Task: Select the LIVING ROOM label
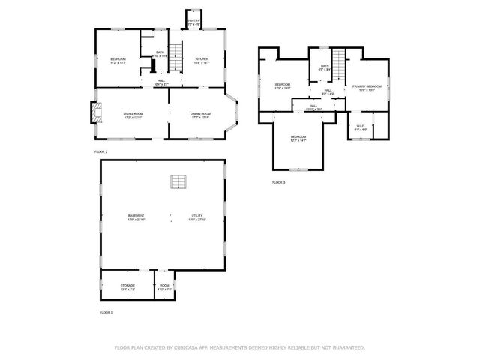pyautogui.click(x=133, y=115)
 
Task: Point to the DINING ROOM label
pyautogui.click(x=199, y=115)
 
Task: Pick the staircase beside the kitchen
pyautogui.click(x=175, y=54)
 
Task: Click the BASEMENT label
pyautogui.click(x=136, y=217)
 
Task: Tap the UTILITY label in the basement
pyautogui.click(x=197, y=217)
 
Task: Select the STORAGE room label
pyautogui.click(x=127, y=286)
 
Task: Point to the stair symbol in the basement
pyautogui.click(x=178, y=181)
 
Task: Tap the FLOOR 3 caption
pyautogui.click(x=278, y=182)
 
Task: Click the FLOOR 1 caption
pyautogui.click(x=106, y=311)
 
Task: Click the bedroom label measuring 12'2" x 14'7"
pyautogui.click(x=298, y=139)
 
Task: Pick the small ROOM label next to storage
pyautogui.click(x=165, y=286)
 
